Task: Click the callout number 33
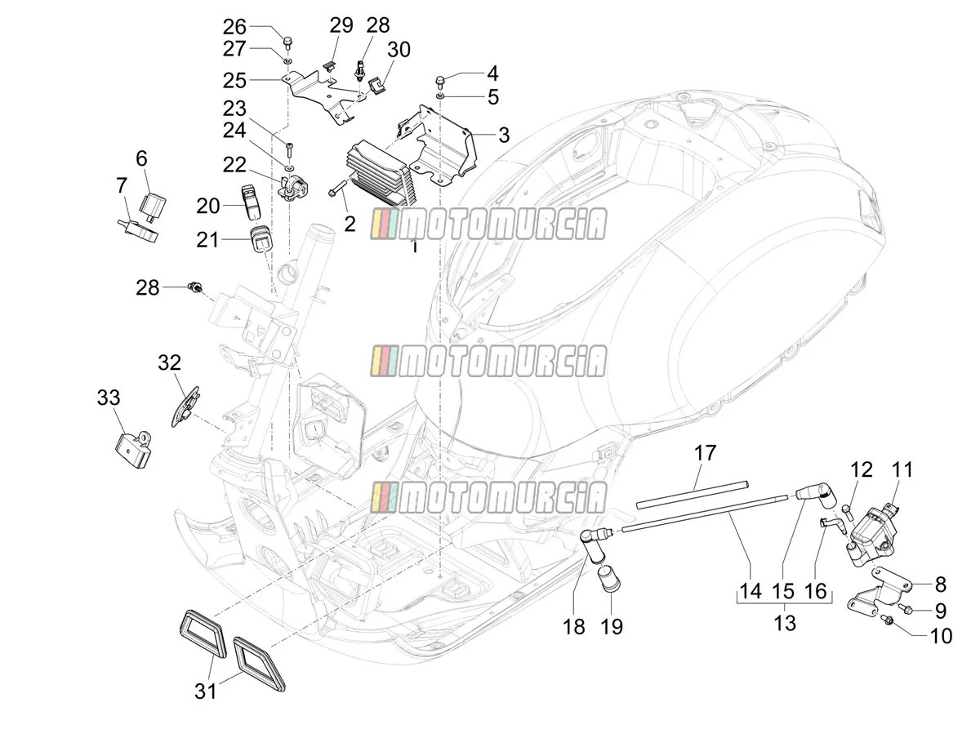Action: (109, 398)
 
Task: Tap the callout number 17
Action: (705, 453)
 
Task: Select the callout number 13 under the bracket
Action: (785, 623)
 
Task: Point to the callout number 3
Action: (504, 136)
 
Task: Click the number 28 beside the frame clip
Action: (147, 288)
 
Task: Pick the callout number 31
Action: (205, 691)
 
